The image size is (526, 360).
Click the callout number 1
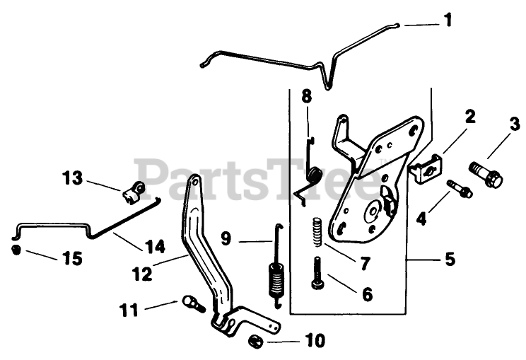[447, 20]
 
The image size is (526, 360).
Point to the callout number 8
[306, 95]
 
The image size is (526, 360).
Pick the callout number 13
[73, 178]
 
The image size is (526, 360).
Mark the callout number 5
[450, 259]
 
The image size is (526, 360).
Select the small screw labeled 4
[460, 189]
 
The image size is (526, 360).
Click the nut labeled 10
[255, 342]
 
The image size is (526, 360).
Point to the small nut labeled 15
[16, 250]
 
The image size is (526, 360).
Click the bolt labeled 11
[192, 303]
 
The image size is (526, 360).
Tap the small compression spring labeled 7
[318, 230]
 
